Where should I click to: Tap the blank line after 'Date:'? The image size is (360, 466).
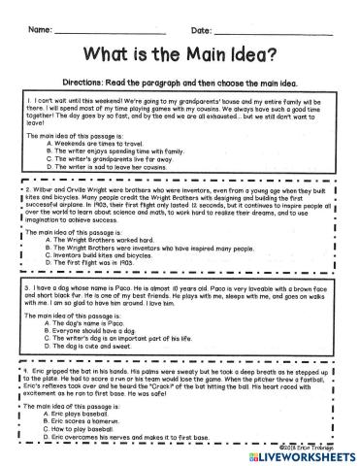280,33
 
